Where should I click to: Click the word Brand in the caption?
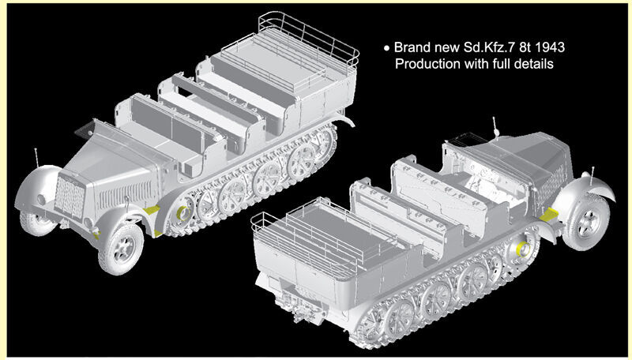412,47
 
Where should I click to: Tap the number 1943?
550,47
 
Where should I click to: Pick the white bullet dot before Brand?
387,48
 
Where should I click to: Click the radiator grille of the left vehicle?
70,197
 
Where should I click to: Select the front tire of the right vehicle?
586,222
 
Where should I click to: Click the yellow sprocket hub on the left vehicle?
182,213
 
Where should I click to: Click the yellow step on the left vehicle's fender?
152,210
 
